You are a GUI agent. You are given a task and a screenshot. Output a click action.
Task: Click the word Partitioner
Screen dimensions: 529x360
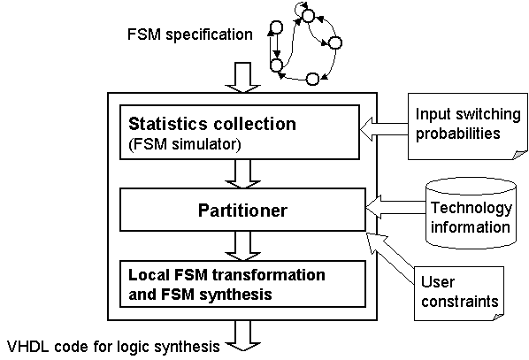pos(242,211)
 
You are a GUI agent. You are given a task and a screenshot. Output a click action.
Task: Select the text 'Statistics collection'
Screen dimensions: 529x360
pos(212,124)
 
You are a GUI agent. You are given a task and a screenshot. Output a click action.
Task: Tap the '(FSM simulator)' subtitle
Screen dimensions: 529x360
pos(185,144)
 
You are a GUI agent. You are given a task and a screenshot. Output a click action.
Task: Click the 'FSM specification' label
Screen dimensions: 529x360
pos(190,34)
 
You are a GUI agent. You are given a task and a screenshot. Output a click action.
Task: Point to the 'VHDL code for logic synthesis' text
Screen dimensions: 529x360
pos(113,347)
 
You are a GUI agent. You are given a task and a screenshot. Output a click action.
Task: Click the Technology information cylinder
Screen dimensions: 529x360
pos(471,214)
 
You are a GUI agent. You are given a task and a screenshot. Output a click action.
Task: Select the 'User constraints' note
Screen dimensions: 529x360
pos(459,293)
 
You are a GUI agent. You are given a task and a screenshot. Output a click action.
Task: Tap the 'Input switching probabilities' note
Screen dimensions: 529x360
pos(468,126)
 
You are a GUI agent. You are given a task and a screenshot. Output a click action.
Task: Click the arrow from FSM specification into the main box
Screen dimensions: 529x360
pos(243,77)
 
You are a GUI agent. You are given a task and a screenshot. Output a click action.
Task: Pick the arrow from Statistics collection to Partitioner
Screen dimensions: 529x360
pos(243,173)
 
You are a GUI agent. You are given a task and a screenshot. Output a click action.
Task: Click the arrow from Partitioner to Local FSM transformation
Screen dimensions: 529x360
pos(243,246)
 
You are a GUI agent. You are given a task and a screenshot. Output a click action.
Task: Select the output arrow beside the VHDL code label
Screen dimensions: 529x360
pos(243,336)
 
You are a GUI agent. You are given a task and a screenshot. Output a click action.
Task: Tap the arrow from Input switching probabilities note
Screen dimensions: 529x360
pos(384,129)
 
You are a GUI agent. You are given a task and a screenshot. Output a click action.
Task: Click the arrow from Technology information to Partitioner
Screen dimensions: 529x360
pos(395,207)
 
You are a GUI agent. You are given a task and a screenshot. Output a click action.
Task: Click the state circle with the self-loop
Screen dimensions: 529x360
pos(309,16)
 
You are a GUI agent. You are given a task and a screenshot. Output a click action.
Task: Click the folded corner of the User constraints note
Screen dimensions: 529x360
pos(498,317)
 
